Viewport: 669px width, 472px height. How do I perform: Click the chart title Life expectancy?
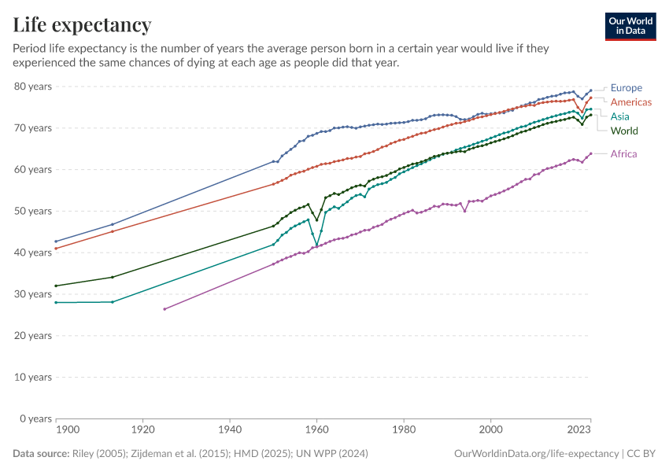click(x=83, y=25)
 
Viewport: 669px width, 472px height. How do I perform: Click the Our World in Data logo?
click(x=630, y=26)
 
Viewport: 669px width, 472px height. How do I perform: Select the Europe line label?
click(x=626, y=88)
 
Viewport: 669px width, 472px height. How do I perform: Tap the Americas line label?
click(x=631, y=102)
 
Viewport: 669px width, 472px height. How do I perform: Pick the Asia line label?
click(x=620, y=116)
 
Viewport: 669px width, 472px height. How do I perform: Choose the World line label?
click(x=624, y=131)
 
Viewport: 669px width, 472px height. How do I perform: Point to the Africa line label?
click(x=623, y=154)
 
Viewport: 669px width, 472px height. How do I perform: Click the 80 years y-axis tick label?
click(x=33, y=86)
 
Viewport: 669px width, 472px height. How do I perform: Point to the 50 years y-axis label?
click(x=33, y=211)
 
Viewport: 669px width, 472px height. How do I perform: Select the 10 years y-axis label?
click(x=33, y=377)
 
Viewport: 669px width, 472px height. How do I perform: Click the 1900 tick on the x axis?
click(x=68, y=431)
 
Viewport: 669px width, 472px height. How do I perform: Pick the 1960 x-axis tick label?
click(x=317, y=431)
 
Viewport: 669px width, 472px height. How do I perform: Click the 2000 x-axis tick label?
click(x=491, y=431)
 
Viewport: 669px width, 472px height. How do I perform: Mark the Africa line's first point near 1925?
click(x=164, y=309)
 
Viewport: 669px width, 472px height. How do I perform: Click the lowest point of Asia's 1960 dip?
click(x=317, y=245)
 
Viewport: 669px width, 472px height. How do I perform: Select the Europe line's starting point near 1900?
click(x=56, y=242)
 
